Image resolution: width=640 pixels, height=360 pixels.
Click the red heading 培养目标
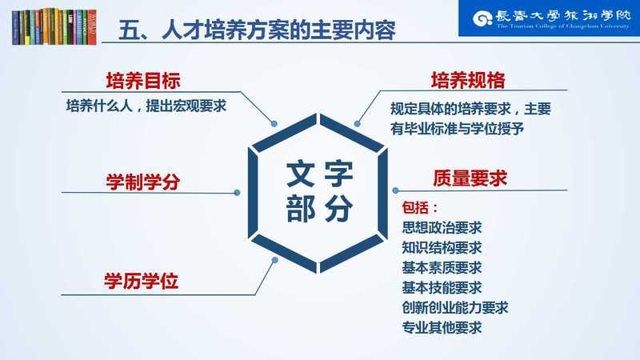click(143, 81)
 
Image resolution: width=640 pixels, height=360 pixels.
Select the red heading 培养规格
click(468, 80)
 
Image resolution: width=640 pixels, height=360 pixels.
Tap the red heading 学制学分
click(143, 182)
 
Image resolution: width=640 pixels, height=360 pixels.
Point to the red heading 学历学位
click(142, 282)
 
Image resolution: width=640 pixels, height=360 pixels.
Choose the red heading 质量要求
click(470, 178)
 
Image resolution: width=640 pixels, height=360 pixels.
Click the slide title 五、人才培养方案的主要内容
click(257, 30)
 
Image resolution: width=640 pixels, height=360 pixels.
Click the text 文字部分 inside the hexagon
click(319, 192)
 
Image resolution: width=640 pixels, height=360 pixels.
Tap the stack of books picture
click(54, 26)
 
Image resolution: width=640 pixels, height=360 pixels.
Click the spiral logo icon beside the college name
click(482, 18)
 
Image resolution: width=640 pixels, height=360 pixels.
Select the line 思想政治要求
click(442, 227)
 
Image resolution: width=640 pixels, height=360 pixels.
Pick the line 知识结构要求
click(442, 247)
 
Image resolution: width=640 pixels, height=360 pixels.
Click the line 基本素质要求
click(442, 267)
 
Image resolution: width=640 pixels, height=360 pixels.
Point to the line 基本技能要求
click(442, 287)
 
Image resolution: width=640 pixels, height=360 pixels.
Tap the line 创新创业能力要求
click(455, 307)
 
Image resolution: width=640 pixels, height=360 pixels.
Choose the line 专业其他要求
click(442, 327)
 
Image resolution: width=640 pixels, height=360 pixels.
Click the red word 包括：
click(419, 207)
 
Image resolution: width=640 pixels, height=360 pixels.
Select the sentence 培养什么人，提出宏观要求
click(146, 106)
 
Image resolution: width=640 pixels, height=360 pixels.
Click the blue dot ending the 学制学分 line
click(237, 193)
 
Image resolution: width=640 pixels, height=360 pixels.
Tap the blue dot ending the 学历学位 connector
click(274, 260)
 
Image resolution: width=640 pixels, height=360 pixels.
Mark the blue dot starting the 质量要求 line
click(395, 190)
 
